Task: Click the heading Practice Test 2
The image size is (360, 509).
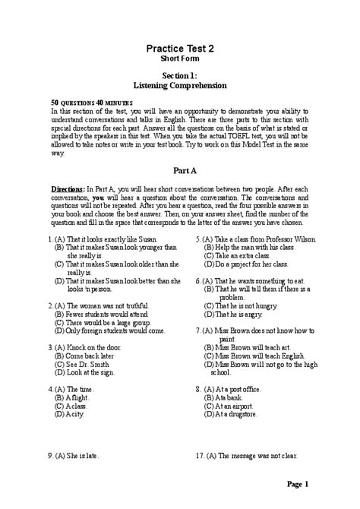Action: click(180, 48)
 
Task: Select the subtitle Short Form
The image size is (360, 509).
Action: click(180, 58)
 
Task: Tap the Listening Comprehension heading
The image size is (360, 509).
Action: click(180, 86)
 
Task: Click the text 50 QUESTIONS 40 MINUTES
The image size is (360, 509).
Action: click(81, 102)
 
